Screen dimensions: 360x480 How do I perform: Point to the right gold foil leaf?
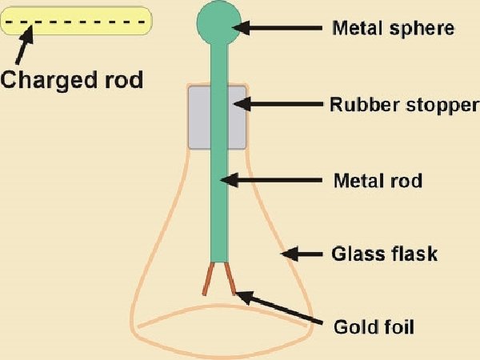(x=230, y=278)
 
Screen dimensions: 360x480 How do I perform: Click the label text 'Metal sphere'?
(x=393, y=29)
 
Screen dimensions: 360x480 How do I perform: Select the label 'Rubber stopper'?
(x=405, y=105)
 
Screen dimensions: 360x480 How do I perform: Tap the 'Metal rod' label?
(x=377, y=179)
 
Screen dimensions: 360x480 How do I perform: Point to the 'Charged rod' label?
(x=71, y=80)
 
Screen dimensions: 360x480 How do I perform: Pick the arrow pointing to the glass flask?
(x=302, y=254)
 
